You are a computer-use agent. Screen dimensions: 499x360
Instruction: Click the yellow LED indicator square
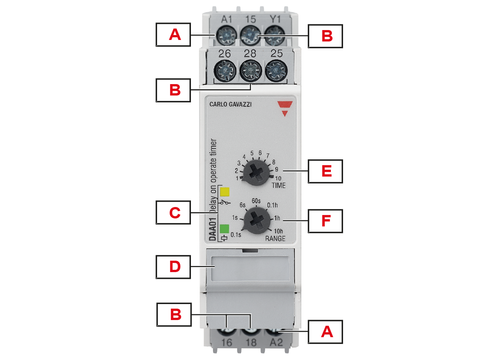[x=224, y=192]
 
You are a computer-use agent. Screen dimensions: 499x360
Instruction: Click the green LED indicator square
[x=224, y=229]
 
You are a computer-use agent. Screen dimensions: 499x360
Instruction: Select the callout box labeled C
[x=173, y=212]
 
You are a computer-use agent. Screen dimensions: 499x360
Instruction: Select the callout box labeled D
[x=173, y=267]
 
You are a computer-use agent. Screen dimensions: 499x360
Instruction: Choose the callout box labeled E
[x=325, y=171]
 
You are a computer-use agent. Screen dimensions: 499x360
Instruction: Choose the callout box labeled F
[x=325, y=221]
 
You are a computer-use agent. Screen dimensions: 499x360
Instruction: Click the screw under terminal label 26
[x=225, y=71]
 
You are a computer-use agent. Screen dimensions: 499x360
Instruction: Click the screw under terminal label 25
[x=276, y=71]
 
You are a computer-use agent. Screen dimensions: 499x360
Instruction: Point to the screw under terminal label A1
[x=226, y=35]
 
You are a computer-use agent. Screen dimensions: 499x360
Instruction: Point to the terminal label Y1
[x=275, y=19]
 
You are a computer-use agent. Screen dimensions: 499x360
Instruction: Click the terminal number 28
[x=250, y=54]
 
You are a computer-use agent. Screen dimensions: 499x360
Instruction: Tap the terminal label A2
[x=276, y=342]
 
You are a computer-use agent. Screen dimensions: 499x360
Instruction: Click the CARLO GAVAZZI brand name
[x=230, y=104]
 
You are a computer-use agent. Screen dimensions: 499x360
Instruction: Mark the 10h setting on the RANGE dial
[x=278, y=231]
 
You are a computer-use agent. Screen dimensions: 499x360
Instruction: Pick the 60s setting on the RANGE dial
[x=256, y=201]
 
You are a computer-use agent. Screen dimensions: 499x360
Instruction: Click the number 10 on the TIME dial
[x=278, y=178]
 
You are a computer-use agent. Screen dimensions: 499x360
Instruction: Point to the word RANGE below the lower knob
[x=275, y=239]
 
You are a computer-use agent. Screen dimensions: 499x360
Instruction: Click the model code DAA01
[x=213, y=229]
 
